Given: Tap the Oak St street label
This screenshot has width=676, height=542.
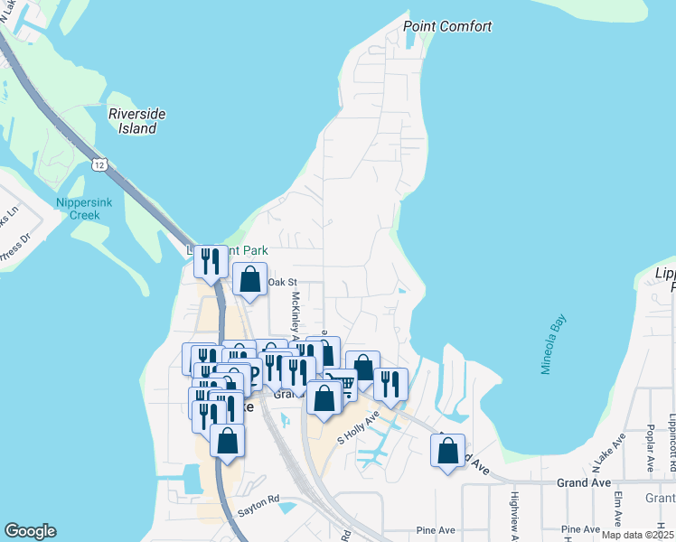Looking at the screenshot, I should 282,283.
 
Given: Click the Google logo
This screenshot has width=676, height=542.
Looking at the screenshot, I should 31,531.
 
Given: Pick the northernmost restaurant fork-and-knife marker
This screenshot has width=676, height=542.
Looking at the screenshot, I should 210,262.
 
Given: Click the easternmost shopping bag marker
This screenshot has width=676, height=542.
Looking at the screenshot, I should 448,449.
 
